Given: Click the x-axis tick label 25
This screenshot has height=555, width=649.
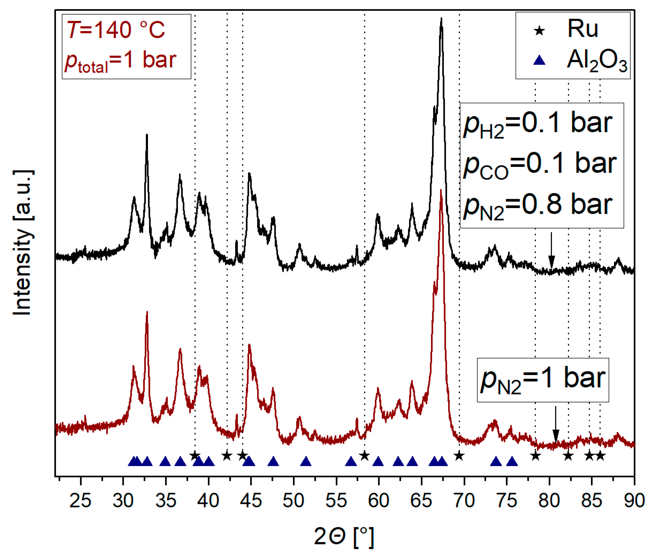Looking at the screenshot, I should (80, 500).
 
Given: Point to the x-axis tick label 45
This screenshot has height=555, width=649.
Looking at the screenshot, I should (251, 500).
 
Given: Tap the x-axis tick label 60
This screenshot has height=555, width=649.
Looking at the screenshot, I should (379, 500).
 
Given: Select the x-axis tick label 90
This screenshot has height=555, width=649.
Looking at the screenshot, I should (634, 500).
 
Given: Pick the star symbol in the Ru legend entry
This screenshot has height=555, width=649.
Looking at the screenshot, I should (539, 31).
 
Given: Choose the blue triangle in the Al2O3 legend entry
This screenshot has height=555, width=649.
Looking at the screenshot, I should (539, 60).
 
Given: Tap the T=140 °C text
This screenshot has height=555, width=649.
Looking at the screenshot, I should (116, 30).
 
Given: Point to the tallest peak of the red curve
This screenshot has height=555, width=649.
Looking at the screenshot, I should (441, 191).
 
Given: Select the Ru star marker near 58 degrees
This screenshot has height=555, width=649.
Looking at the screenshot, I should (364, 455).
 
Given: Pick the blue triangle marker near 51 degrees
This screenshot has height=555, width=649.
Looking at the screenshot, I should (306, 461).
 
